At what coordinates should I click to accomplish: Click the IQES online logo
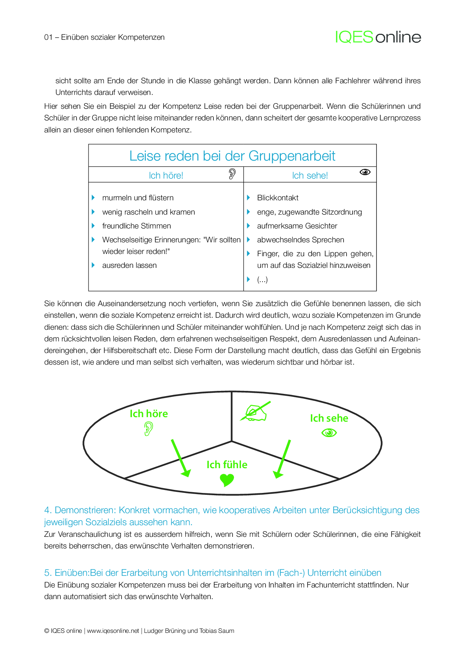pyautogui.click(x=378, y=37)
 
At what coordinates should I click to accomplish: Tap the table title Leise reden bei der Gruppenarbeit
pyautogui.click(x=232, y=156)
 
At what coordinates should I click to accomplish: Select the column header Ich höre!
pyautogui.click(x=166, y=176)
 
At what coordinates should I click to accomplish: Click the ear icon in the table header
pyautogui.click(x=232, y=174)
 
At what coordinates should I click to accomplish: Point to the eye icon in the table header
pyautogui.click(x=365, y=172)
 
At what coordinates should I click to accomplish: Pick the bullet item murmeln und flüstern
pyautogui.click(x=138, y=198)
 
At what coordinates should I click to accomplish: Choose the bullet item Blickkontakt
pyautogui.click(x=277, y=198)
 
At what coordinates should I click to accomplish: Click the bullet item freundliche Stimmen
pyautogui.click(x=136, y=226)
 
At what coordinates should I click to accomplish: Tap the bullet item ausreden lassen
pyautogui.click(x=129, y=265)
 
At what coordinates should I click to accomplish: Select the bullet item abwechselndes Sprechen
pyautogui.click(x=300, y=240)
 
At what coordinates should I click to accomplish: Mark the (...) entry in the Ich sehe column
pyautogui.click(x=262, y=279)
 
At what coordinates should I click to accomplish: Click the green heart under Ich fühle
pyautogui.click(x=226, y=480)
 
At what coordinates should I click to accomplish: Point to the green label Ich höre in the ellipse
pyautogui.click(x=148, y=414)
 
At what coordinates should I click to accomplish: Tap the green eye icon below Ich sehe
pyautogui.click(x=329, y=433)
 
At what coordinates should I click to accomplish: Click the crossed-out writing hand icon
pyautogui.click(x=255, y=412)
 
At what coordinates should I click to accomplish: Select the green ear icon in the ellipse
pyautogui.click(x=148, y=429)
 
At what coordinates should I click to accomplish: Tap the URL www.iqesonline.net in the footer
pyautogui.click(x=113, y=631)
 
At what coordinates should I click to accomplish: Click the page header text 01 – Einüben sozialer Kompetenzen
pyautogui.click(x=104, y=37)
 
